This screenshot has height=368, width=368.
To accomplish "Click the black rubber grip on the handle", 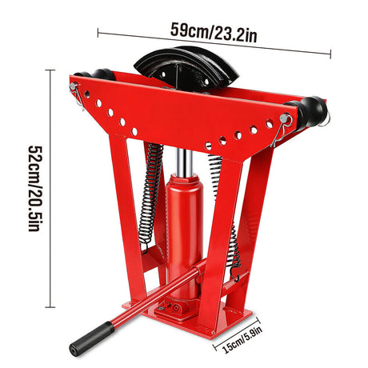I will click(x=90, y=338).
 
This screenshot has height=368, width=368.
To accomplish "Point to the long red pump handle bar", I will click(x=148, y=302).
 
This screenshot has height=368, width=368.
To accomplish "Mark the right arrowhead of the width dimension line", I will click(x=329, y=53).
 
